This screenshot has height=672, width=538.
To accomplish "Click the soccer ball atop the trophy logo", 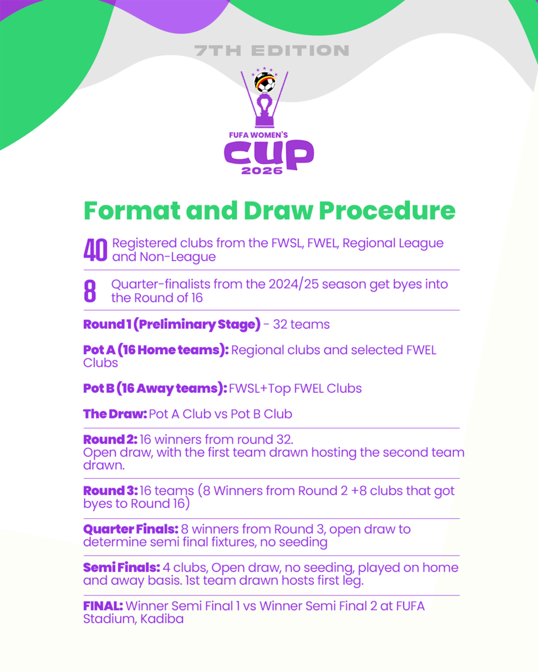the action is pos(265,83).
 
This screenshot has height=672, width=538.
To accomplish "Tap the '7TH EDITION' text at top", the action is pos(271,51).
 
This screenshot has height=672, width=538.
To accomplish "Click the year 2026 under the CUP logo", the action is pos(262,171).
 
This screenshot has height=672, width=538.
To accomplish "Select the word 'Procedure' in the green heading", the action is pos(387,210).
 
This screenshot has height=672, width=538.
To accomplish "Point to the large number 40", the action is pos(95,250).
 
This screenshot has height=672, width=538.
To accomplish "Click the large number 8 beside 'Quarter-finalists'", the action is pos(89,291).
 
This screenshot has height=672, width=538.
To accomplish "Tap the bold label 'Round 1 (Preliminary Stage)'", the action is pos(171,324).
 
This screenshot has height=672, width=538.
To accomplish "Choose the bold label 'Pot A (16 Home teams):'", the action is pos(156,350).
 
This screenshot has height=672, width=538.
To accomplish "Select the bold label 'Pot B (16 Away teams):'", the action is pos(155,388).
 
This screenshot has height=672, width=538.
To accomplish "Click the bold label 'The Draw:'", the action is pos(115,414).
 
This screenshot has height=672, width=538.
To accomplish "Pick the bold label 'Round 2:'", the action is pos(111,439).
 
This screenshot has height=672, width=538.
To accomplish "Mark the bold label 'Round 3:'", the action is pos(111,491).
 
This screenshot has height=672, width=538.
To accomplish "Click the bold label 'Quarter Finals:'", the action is pos(131,529).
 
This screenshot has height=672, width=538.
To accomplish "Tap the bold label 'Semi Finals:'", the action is pos(122,567).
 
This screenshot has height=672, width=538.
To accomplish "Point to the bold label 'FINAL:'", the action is pos(103,606).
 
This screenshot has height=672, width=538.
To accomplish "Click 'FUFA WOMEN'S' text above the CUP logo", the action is pos(258,135).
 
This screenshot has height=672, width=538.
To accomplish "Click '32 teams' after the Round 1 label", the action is pos(301,324).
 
